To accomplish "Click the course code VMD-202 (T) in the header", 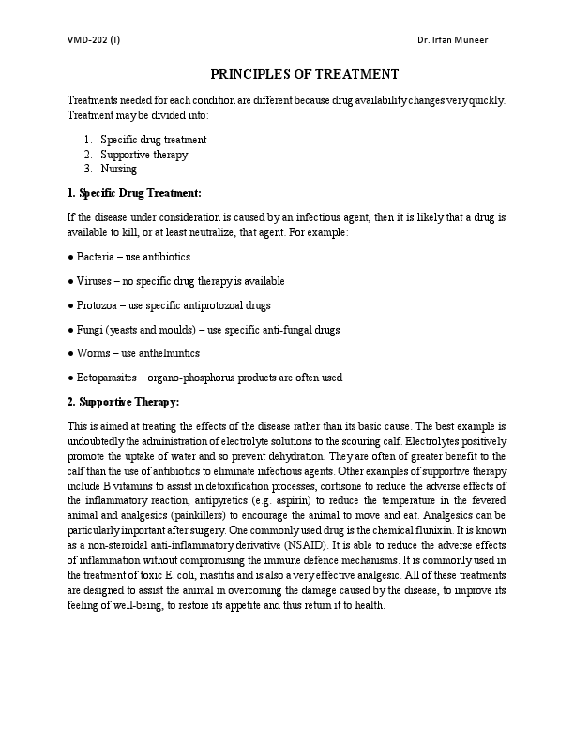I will pyautogui.click(x=93, y=39).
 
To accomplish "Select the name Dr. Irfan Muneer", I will pyautogui.click(x=452, y=39).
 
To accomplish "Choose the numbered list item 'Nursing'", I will pyautogui.click(x=118, y=170).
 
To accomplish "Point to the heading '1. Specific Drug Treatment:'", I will pyautogui.click(x=134, y=193).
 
